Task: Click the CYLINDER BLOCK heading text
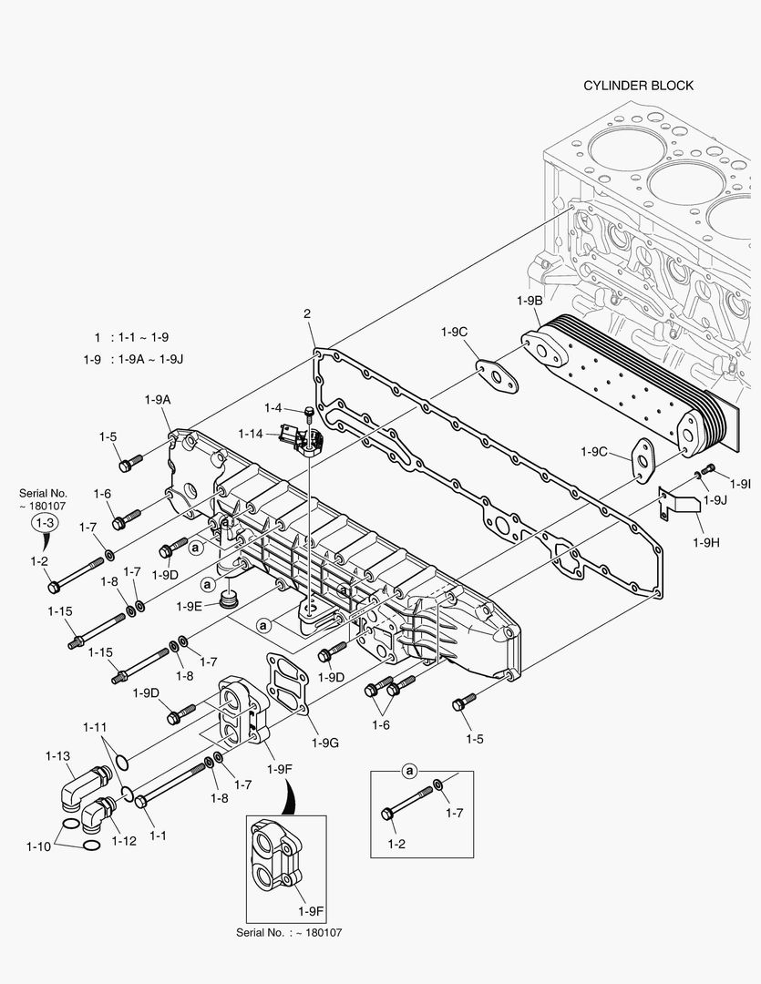[638, 86]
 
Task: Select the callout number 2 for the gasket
[307, 314]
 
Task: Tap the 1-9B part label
[529, 301]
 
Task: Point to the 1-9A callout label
[158, 399]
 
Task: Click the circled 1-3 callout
[44, 523]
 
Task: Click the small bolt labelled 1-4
[309, 415]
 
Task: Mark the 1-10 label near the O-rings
[38, 846]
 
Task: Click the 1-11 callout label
[95, 727]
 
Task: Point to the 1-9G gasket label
[324, 743]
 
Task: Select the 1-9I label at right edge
[740, 483]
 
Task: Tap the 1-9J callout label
[715, 499]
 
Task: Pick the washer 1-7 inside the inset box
[439, 784]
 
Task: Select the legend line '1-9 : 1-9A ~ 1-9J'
[133, 359]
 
